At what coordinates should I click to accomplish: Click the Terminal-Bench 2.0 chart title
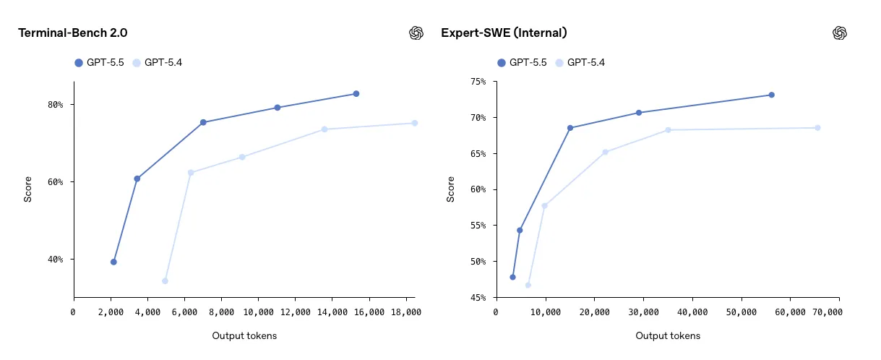click(x=72, y=33)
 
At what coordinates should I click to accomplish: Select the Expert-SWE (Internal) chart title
click(x=504, y=33)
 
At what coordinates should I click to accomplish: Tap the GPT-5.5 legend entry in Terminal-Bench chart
click(x=99, y=63)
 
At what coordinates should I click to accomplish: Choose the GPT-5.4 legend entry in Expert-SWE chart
click(x=580, y=63)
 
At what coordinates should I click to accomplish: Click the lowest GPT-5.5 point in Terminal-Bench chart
click(x=113, y=262)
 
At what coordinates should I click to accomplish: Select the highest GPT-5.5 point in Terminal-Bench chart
click(x=356, y=94)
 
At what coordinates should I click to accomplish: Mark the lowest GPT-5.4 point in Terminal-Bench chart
click(x=165, y=281)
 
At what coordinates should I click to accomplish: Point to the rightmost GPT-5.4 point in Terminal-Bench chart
click(x=414, y=123)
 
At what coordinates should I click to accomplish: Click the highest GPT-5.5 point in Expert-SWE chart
click(x=771, y=95)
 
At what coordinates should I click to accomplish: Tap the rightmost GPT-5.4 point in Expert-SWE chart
click(x=817, y=128)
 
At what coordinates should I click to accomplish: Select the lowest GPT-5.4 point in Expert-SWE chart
click(x=528, y=285)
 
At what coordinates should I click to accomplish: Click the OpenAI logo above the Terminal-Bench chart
click(x=416, y=33)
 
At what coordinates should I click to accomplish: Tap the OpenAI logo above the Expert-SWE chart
click(x=839, y=33)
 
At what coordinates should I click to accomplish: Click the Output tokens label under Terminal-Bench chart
click(x=244, y=336)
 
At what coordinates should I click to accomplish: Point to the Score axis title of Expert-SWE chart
click(x=451, y=189)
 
